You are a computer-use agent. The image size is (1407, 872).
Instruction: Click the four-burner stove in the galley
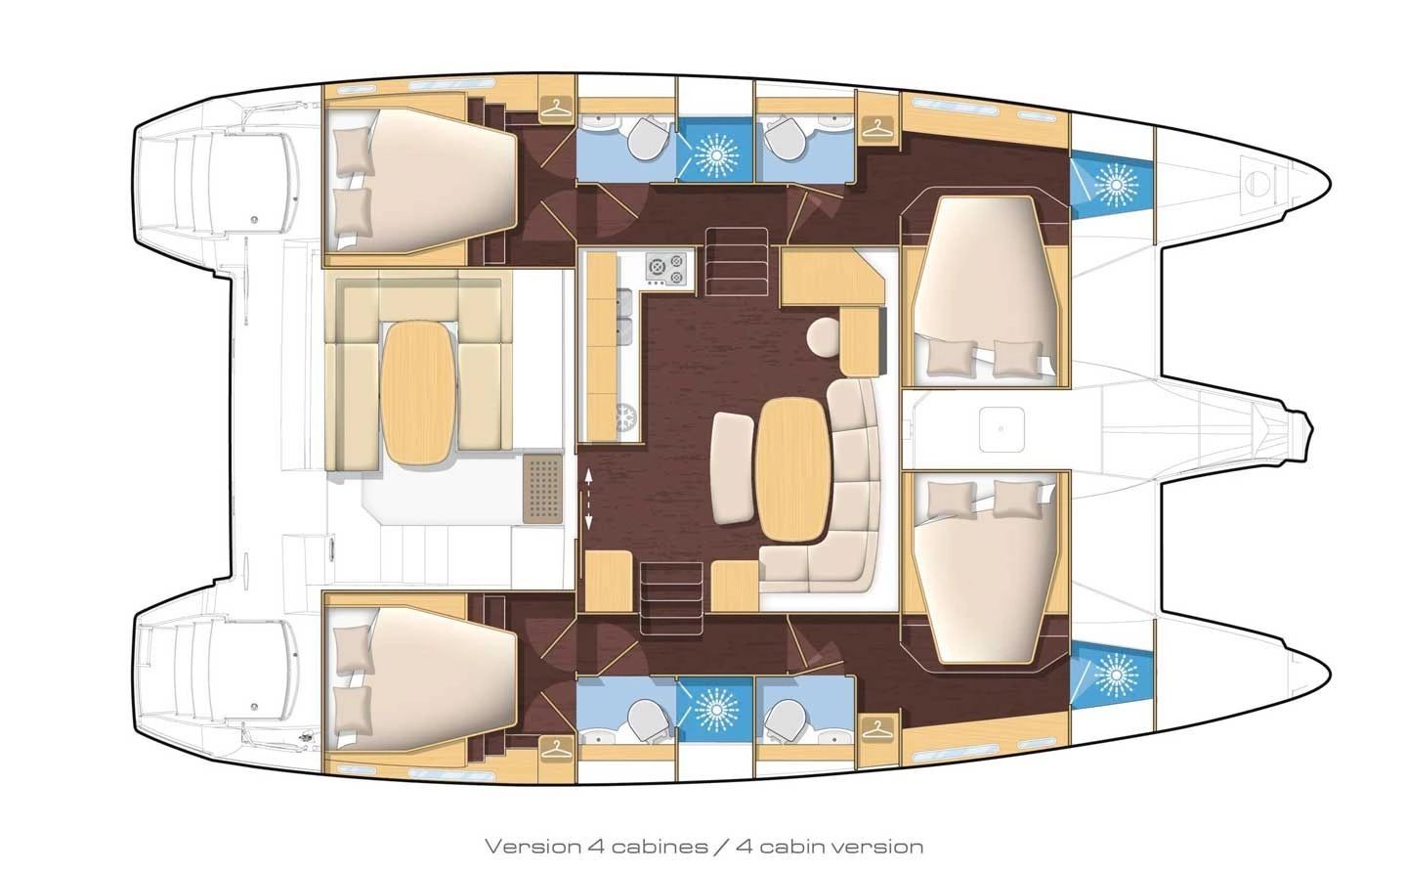[x=665, y=270]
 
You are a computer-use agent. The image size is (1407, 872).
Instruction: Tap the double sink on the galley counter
[x=623, y=318]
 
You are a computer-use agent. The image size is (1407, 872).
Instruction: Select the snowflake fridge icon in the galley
[x=625, y=417]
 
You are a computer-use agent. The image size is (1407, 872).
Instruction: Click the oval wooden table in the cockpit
[x=418, y=393]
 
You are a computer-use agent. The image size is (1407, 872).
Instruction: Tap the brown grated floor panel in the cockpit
[x=542, y=489]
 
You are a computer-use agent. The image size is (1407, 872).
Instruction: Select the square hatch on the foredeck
[x=1002, y=429]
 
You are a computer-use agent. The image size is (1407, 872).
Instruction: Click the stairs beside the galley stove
[x=737, y=261]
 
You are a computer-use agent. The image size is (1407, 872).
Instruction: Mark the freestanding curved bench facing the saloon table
[x=733, y=467]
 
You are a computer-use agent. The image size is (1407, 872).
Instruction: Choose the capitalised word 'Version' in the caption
[x=533, y=847]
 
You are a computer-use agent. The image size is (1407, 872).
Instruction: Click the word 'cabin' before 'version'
[x=790, y=847]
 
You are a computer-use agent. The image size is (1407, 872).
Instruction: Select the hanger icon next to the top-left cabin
[x=557, y=109]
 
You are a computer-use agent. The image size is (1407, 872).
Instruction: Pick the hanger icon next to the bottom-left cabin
[x=557, y=750]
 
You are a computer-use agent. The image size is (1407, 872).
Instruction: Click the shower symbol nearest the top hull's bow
[x=1116, y=186]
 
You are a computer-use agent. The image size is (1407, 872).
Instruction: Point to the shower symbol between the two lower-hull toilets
[x=715, y=710]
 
